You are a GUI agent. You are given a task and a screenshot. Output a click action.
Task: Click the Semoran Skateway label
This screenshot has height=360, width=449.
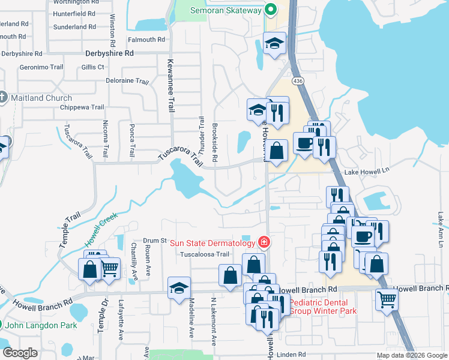tap(226, 10)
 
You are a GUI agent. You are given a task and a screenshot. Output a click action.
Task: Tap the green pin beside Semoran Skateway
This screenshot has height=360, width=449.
tap(271, 10)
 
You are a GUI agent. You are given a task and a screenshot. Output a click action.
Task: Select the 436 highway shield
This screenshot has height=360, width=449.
tap(297, 80)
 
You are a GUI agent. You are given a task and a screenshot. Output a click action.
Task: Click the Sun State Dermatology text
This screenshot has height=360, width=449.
tap(213, 243)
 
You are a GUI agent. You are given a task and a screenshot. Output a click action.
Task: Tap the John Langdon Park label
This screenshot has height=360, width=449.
tap(43, 325)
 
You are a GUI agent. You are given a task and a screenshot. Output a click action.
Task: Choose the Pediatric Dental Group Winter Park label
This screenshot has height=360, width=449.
tap(323, 307)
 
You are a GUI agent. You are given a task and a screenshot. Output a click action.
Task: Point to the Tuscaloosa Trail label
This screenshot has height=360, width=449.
tap(205, 254)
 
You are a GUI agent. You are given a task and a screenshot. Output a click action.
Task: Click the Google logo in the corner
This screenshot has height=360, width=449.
tap(20, 353)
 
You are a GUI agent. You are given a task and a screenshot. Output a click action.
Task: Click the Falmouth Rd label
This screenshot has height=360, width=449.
tap(146, 40)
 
